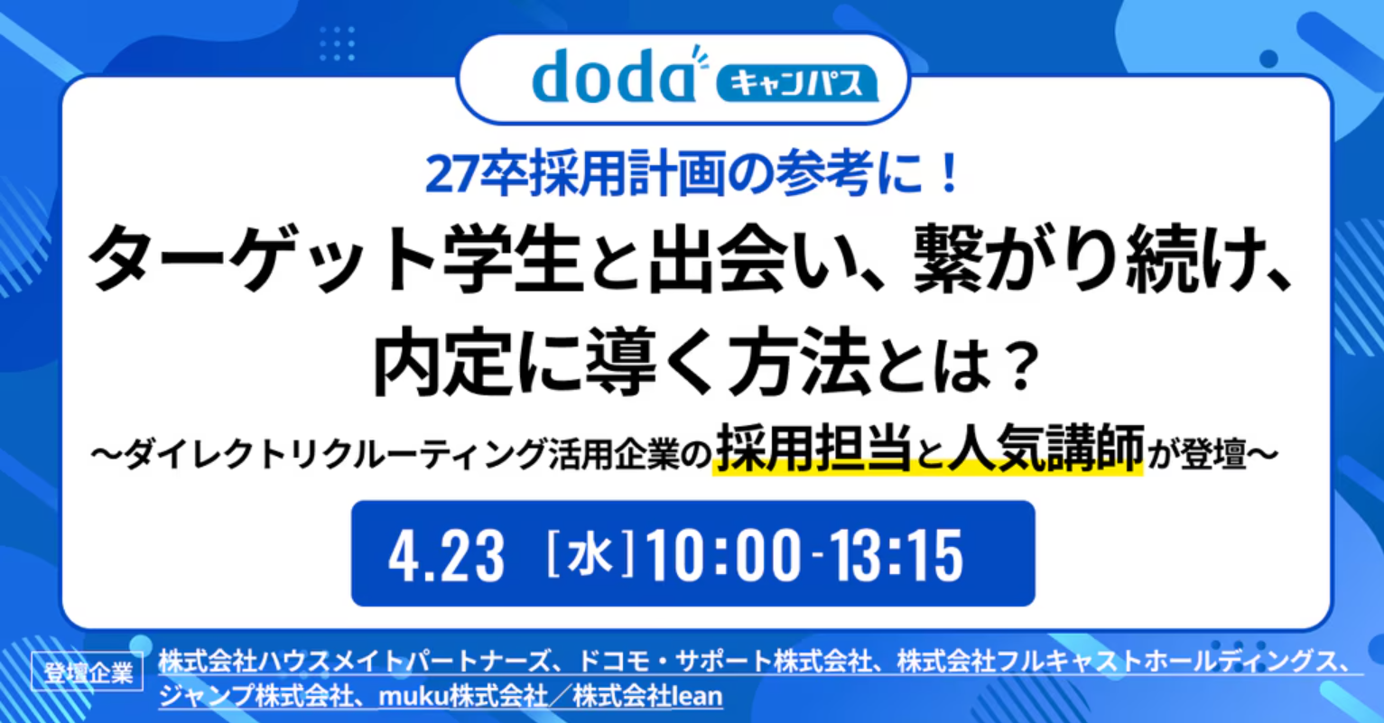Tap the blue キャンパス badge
[797, 83]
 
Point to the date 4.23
[446, 556]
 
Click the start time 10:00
[723, 556]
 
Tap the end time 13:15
[896, 556]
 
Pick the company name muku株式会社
[463, 697]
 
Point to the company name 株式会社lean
[647, 697]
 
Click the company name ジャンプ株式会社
[255, 697]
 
